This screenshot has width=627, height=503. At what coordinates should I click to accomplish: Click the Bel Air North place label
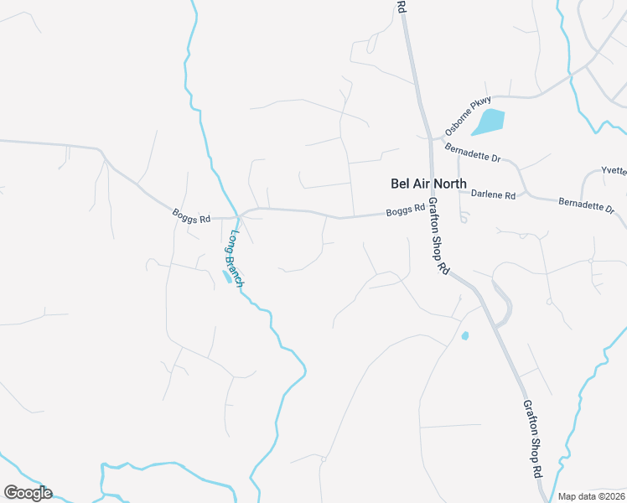coord(428,184)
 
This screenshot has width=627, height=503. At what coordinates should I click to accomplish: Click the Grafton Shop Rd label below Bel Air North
coord(439,236)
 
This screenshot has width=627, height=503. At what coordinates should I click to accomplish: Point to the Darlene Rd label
coord(493,194)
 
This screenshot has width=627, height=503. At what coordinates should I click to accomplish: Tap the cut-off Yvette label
coord(614,171)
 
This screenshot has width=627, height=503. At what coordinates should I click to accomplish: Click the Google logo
coord(28,493)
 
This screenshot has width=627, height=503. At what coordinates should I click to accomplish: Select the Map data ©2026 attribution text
coord(591,496)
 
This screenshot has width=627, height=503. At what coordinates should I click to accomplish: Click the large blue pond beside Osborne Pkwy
coord(489,122)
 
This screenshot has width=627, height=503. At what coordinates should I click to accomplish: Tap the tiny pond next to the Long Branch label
coord(226,277)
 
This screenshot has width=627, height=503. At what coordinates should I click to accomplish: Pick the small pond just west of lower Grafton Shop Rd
coord(464,336)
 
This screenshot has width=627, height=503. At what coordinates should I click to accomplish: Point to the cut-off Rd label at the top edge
coord(402,5)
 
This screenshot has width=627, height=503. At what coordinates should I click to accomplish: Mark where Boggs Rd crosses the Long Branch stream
coord(238,211)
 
